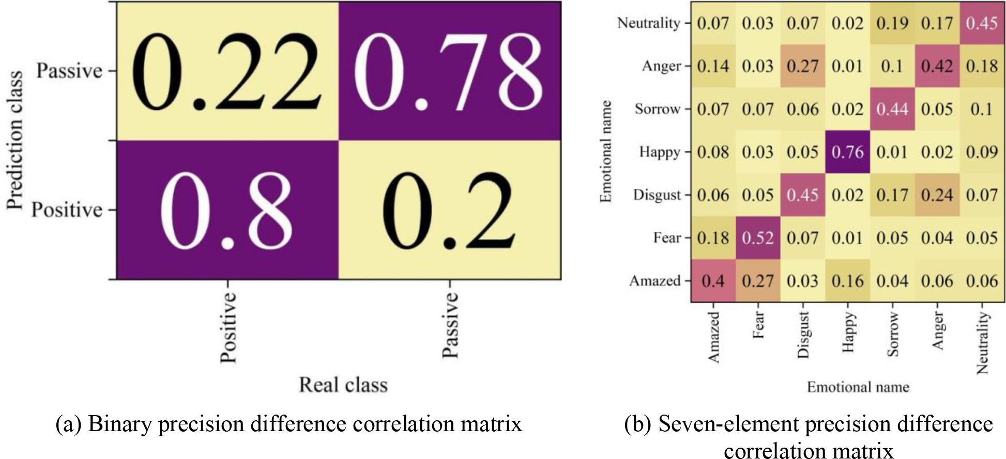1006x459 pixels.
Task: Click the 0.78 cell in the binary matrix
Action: (449, 71)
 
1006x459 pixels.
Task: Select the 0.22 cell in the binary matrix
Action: (226, 71)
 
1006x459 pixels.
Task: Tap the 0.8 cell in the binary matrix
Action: (226, 210)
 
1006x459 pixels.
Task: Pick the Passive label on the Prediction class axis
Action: (69, 71)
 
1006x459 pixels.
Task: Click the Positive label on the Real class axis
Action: (228, 327)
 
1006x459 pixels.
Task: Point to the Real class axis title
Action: (343, 385)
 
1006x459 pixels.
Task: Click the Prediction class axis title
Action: (15, 140)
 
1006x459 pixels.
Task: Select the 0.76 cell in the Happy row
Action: (847, 152)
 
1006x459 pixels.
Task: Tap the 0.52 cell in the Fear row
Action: (757, 238)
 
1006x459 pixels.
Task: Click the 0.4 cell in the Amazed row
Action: (713, 281)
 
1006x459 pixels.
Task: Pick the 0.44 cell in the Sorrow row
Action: (892, 109)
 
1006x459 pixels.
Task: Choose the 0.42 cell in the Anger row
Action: (937, 67)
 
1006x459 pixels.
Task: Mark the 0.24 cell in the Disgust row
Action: (937, 195)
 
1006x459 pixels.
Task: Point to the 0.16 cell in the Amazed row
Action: (847, 281)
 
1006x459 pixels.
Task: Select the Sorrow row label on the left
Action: (657, 109)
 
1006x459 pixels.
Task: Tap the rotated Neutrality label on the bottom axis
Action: (982, 343)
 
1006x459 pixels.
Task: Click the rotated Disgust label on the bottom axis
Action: (803, 335)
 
